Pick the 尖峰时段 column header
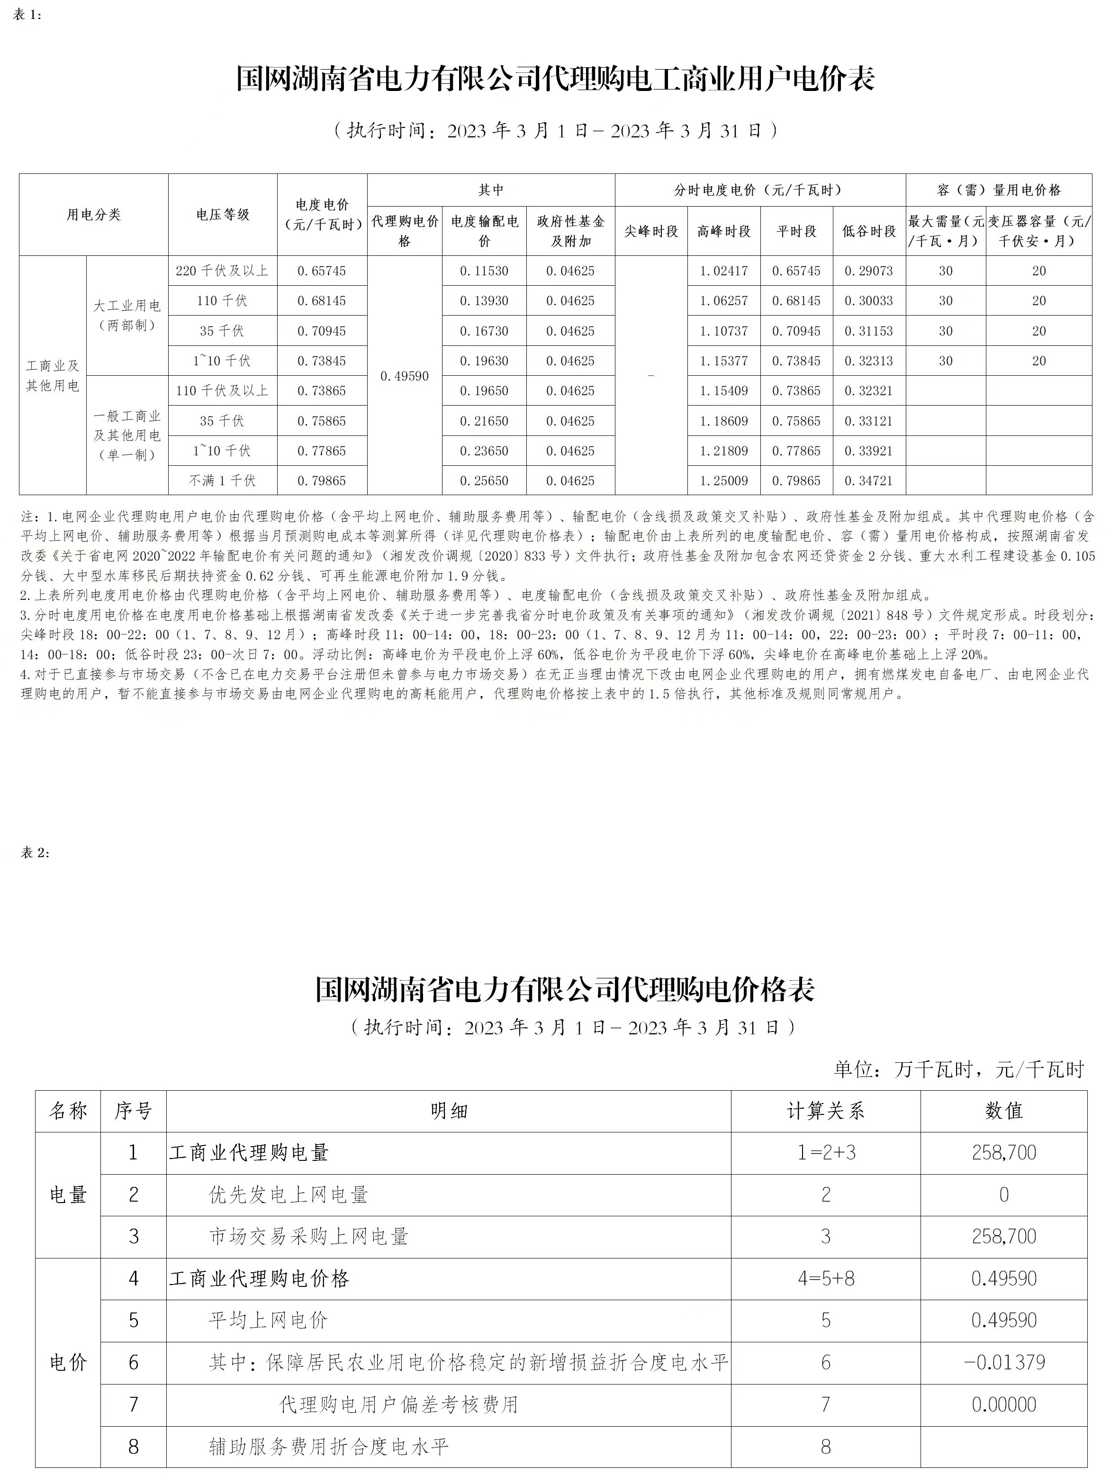651,231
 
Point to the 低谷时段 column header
869,231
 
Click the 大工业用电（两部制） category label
126,316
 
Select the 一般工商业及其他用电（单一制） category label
126,435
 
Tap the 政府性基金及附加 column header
570,231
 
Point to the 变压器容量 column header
1038,231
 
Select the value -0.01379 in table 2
1003,1362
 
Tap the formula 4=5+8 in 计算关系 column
826,1278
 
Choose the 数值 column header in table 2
1003,1111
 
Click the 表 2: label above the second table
36,853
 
